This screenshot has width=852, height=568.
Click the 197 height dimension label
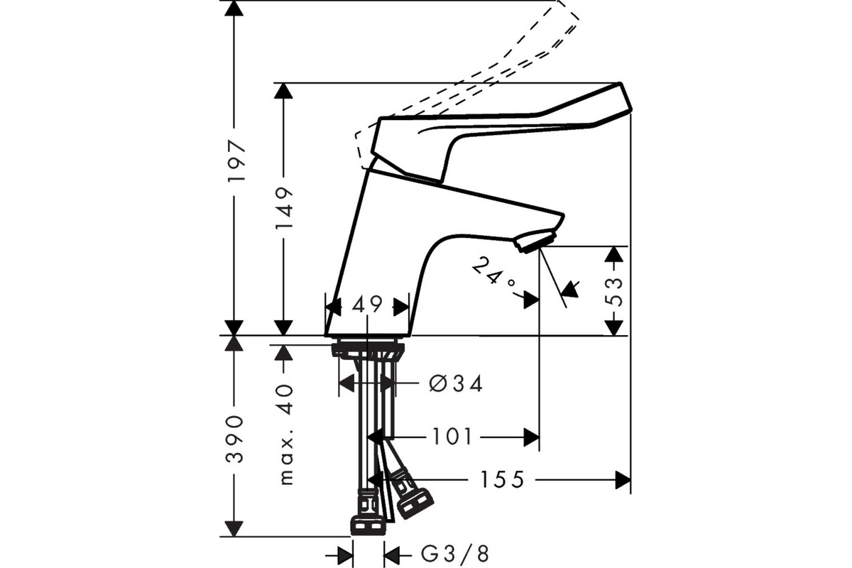(236, 161)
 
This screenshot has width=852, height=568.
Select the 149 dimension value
(285, 207)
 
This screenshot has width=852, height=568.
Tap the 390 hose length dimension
(235, 439)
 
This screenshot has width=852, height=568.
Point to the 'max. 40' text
(285, 435)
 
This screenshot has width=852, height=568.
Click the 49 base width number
(368, 304)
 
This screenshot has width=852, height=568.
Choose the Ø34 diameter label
(456, 383)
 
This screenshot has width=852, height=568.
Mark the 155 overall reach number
(503, 479)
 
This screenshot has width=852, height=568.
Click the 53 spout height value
(613, 292)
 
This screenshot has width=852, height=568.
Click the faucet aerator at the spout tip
(535, 241)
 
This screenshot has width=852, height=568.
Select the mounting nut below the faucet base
(368, 351)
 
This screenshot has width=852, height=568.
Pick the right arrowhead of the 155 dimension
(623, 480)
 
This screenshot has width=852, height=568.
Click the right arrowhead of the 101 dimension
(531, 437)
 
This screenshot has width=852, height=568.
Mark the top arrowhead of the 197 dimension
(234, 9)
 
